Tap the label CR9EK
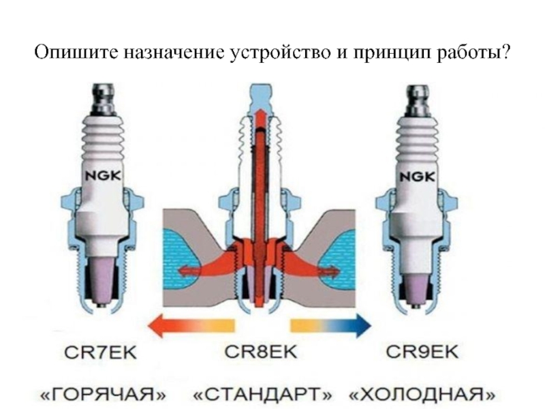click(x=423, y=352)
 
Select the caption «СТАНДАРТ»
click(x=264, y=394)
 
